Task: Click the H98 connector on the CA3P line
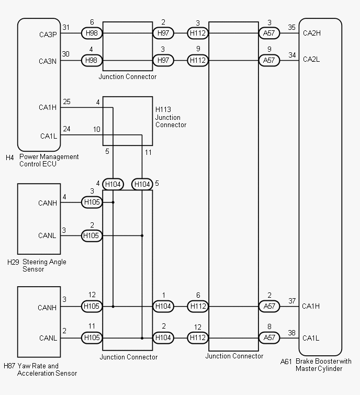coord(92,33)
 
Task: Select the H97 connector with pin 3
coord(163,61)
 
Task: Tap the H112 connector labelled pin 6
coord(198,306)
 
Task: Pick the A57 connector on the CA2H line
coord(269,33)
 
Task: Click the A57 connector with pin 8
coord(269,337)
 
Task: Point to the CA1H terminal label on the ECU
coord(48,108)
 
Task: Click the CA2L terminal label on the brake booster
coord(311,60)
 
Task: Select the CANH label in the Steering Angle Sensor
coord(48,203)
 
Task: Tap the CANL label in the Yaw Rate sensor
coord(48,338)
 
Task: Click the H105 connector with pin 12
coord(92,306)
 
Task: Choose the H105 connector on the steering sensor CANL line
coord(92,235)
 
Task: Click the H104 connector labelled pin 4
coord(113,184)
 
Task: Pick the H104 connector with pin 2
coord(163,337)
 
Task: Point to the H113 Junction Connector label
coord(171,117)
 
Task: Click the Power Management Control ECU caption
coord(49,160)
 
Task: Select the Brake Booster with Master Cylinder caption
coord(323,365)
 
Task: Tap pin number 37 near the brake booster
coord(291,301)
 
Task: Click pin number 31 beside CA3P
coord(66,28)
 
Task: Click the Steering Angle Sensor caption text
coord(44,265)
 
